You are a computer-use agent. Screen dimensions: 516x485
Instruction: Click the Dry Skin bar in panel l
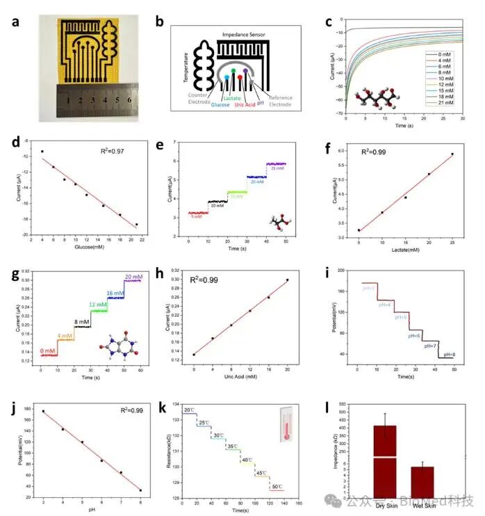(384, 459)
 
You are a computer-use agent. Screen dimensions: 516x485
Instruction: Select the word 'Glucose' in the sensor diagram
(221, 104)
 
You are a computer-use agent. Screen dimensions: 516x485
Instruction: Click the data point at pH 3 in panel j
(43, 411)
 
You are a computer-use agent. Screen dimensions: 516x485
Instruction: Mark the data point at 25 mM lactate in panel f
(452, 154)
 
